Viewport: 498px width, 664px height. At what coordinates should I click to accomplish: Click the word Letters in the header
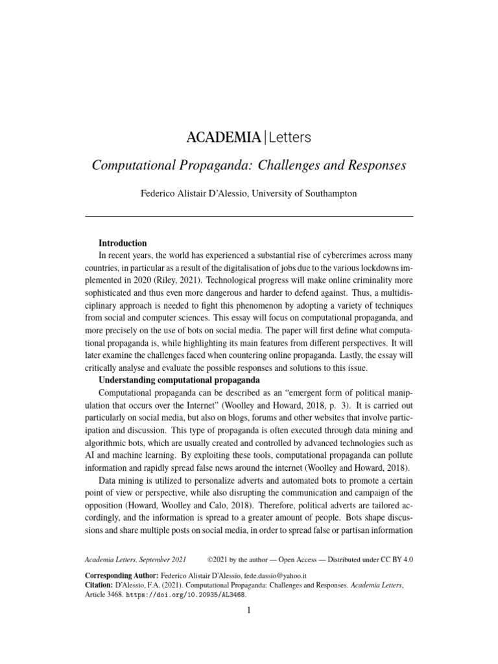pyautogui.click(x=290, y=137)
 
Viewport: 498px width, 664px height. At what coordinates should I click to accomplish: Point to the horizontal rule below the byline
pyautogui.click(x=249, y=215)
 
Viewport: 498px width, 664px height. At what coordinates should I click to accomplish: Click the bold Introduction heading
pyautogui.click(x=123, y=243)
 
